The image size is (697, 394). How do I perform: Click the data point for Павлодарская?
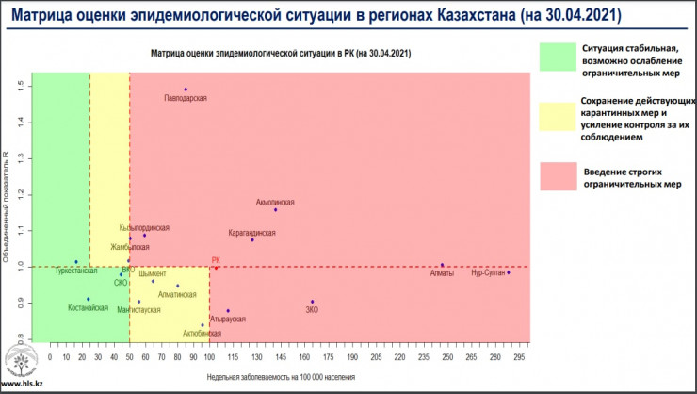point(186,90)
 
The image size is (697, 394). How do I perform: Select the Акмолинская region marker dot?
point(275,209)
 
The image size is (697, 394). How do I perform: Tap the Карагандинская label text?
point(252,232)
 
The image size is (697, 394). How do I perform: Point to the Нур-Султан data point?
point(508,272)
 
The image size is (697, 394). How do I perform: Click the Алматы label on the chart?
point(442,274)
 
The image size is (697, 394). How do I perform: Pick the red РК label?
point(216,260)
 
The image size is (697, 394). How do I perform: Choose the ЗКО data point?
point(312,302)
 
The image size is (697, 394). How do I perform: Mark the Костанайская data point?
point(89,299)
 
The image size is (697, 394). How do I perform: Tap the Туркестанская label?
point(76,271)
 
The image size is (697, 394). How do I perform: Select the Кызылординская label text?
point(145,227)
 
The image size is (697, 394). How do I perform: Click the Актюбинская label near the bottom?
point(203,334)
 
